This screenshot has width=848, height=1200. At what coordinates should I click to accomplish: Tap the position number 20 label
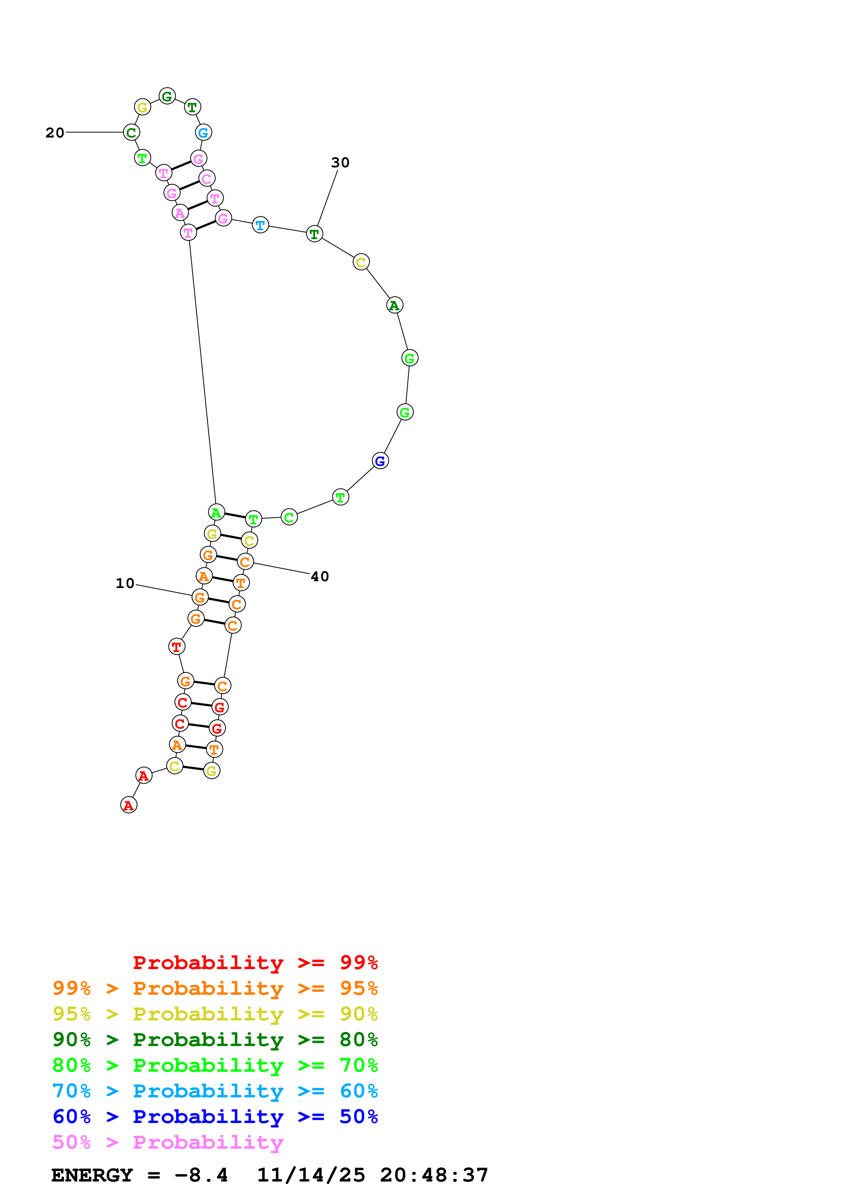click(x=55, y=133)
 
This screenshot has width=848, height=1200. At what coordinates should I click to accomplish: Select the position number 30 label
click(x=340, y=162)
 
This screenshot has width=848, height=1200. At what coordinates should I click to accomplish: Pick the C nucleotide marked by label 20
click(x=131, y=133)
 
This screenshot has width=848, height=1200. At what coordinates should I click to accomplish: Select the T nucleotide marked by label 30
click(x=314, y=234)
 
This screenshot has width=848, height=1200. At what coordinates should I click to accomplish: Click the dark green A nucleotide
click(x=394, y=305)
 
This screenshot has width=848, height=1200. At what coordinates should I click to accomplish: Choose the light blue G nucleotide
click(x=203, y=133)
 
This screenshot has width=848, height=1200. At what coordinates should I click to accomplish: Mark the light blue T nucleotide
click(x=260, y=225)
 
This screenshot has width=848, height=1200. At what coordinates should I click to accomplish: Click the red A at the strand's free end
click(x=129, y=805)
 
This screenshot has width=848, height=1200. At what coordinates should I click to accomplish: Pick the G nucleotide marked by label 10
click(x=199, y=597)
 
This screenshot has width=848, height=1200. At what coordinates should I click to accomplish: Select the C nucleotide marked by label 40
click(x=245, y=562)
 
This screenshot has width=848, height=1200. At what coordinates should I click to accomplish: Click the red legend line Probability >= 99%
click(x=255, y=963)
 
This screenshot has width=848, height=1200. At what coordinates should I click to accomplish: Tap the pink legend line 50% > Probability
click(x=167, y=1143)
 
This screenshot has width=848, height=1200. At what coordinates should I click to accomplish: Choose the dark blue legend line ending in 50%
click(x=215, y=1117)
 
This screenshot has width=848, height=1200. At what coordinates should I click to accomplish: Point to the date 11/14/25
click(x=311, y=1175)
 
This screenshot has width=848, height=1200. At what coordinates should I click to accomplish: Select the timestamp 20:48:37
click(x=434, y=1175)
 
